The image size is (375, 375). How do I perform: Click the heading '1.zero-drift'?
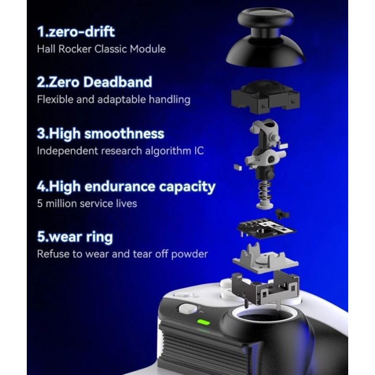coord(76,32)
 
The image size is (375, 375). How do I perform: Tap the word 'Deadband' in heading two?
coord(117,82)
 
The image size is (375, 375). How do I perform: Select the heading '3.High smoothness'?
coord(101,133)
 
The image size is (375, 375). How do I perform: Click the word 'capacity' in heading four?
coord(187,187)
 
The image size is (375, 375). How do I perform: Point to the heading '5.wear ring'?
coord(75,237)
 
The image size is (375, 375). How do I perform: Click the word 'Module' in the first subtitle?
coord(147,49)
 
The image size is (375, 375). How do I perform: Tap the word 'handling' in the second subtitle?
coord(169,100)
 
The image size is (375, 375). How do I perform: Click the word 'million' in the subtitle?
coord(61,204)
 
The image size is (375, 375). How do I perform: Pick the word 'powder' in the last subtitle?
coord(190,254)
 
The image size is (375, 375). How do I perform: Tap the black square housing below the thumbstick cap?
coord(266,96)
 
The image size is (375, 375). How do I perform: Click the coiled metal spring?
coord(265,192)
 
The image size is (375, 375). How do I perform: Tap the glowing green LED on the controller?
coord(203,322)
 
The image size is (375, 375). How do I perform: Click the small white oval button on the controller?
coord(188,309)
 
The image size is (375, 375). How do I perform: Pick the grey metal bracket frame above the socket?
coord(266,288)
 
